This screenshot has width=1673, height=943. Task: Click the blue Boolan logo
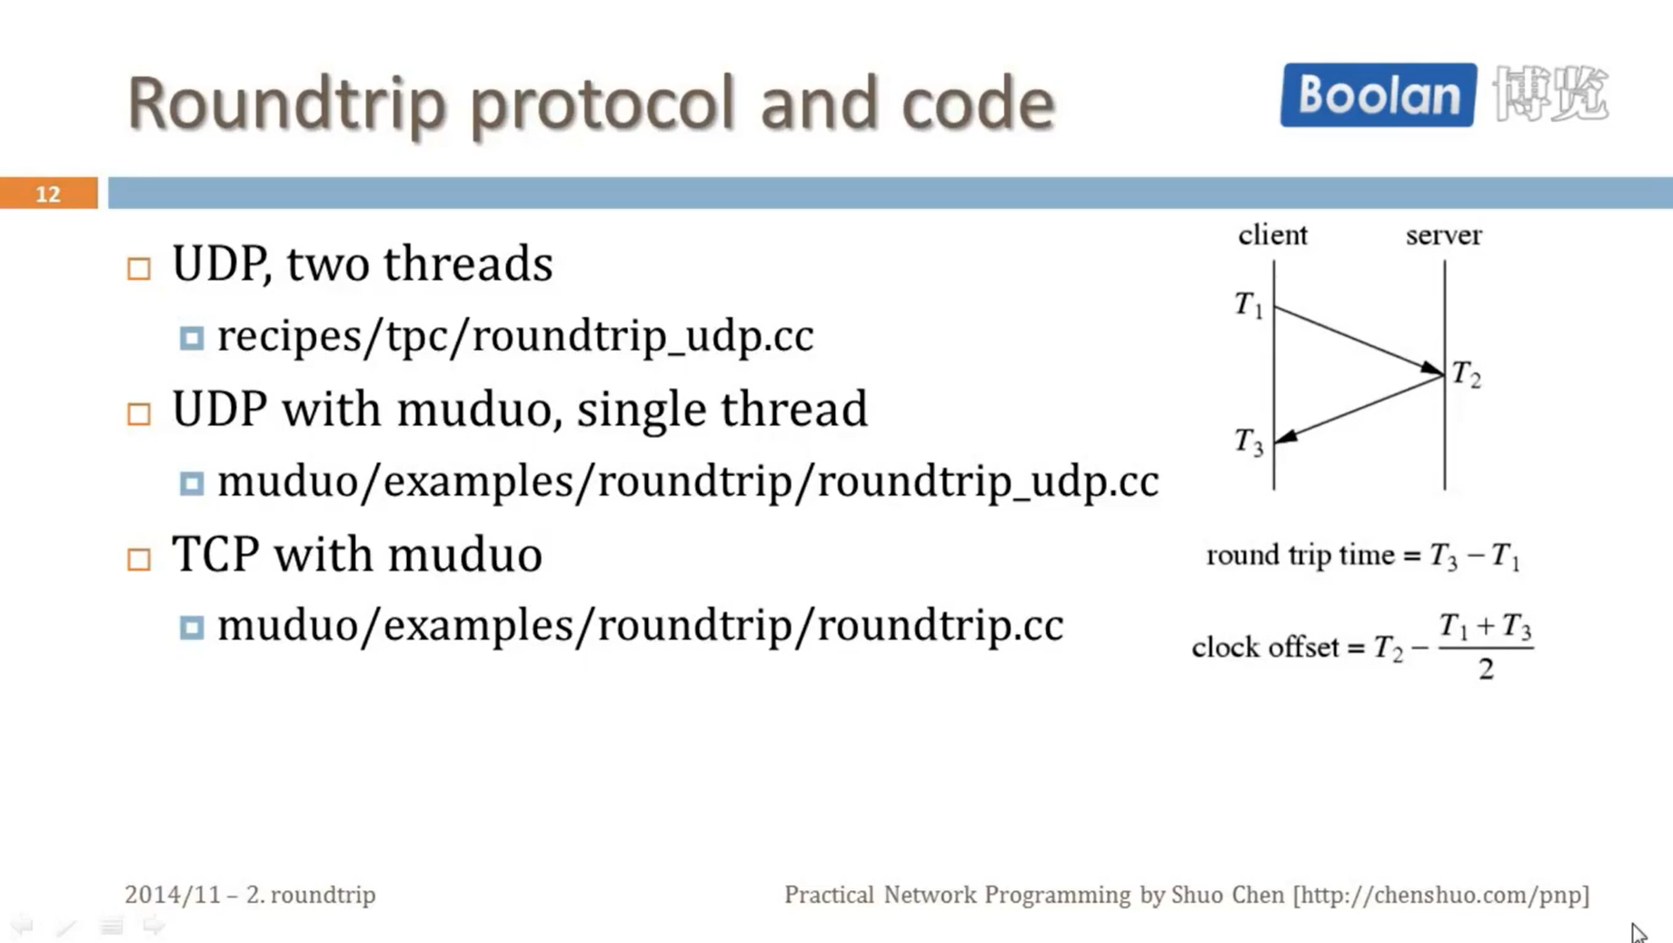pyautogui.click(x=1378, y=94)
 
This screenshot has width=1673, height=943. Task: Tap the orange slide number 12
pyautogui.click(x=48, y=194)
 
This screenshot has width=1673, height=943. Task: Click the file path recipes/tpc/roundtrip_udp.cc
pyautogui.click(x=515, y=336)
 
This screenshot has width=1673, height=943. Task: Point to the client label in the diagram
pyautogui.click(x=1272, y=235)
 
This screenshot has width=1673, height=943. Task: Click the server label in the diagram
pyautogui.click(x=1443, y=235)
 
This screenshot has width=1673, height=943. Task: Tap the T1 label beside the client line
pyautogui.click(x=1249, y=305)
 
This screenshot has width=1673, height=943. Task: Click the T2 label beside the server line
pyautogui.click(x=1466, y=373)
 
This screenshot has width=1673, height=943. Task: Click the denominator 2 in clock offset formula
pyautogui.click(x=1486, y=670)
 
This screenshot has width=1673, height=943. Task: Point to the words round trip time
pyautogui.click(x=1300, y=555)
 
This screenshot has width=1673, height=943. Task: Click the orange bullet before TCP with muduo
pyautogui.click(x=139, y=559)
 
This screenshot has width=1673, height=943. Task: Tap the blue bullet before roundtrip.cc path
pyautogui.click(x=191, y=628)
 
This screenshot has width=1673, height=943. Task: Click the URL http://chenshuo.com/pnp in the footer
pyautogui.click(x=1441, y=895)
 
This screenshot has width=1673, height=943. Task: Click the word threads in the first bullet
pyautogui.click(x=467, y=264)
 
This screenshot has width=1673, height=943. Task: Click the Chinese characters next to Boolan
pyautogui.click(x=1550, y=94)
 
